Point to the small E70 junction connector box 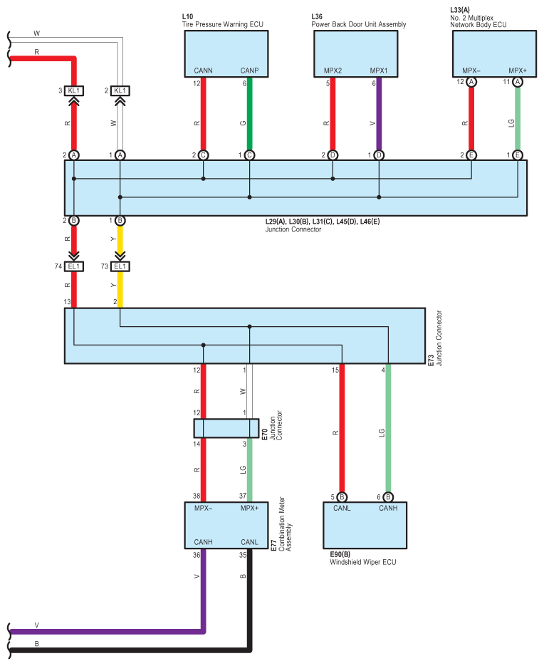[226, 428]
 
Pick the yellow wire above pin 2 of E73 [120, 288]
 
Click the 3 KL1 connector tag [74, 90]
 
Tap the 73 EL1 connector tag [120, 266]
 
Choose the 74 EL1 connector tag [74, 266]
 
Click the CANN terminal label [204, 71]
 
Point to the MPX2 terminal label [333, 71]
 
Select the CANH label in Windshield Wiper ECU [388, 508]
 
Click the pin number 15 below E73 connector [335, 370]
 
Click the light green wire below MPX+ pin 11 [518, 118]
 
